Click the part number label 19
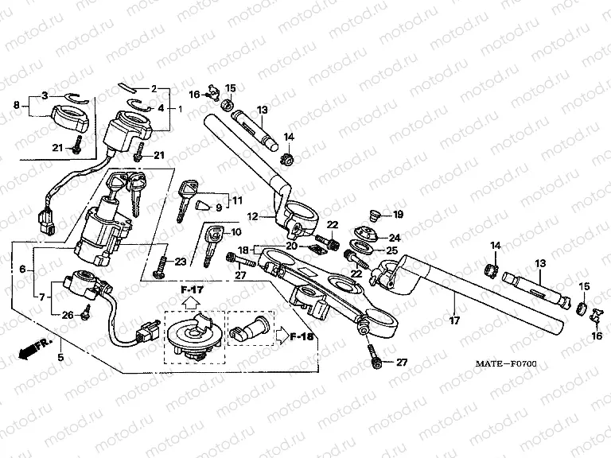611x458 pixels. click(399, 214)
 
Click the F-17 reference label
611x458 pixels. click(192, 289)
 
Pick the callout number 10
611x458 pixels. click(235, 232)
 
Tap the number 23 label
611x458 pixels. click(181, 261)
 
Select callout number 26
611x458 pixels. click(67, 315)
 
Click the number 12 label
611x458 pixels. click(251, 216)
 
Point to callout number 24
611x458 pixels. click(395, 237)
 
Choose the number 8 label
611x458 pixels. click(16, 104)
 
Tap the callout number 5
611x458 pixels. click(60, 358)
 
